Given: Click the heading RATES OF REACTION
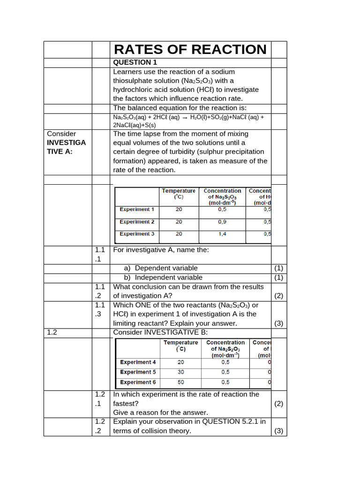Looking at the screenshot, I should [x=190, y=50].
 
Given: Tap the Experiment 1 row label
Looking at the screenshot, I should [x=136, y=210].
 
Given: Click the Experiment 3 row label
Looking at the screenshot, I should [x=136, y=234].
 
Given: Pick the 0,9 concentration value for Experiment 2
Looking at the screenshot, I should [x=222, y=222].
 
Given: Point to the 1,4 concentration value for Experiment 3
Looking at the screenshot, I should [x=222, y=234].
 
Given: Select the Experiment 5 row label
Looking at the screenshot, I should [x=138, y=372].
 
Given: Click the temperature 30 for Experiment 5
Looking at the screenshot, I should [x=180, y=372].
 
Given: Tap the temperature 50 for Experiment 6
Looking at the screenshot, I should [x=180, y=382].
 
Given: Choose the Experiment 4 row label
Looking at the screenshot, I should [x=138, y=362].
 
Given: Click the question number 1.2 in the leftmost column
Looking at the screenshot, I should [x=52, y=332].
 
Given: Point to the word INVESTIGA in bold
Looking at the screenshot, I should [x=67, y=142].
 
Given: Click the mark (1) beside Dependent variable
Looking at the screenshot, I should [x=279, y=268].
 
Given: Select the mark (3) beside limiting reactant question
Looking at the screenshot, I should [x=279, y=323].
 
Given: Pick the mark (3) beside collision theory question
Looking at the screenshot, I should [x=279, y=431].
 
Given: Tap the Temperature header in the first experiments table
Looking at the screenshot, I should [x=179, y=191].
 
